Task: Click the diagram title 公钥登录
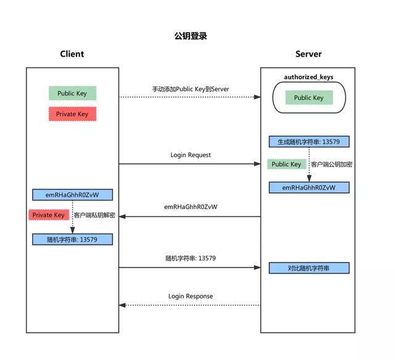tap(191, 36)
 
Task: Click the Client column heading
tap(72, 54)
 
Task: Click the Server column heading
tap(309, 54)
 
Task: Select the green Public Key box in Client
tap(72, 94)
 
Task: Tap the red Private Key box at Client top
tap(72, 114)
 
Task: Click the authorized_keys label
tap(309, 77)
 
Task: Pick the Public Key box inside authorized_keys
tap(309, 97)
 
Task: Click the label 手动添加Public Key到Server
tap(191, 89)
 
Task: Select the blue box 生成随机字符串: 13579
tap(309, 142)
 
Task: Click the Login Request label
tap(191, 155)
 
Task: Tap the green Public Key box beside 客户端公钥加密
tap(286, 165)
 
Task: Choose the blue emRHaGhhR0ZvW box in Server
tap(309, 187)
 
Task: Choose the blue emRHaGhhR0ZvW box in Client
tap(72, 195)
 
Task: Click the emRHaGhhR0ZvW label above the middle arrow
tap(191, 207)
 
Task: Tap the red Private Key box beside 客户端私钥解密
tap(48, 215)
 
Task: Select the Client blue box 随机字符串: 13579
tap(72, 239)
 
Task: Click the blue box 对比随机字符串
tap(309, 268)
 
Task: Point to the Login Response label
tap(191, 297)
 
